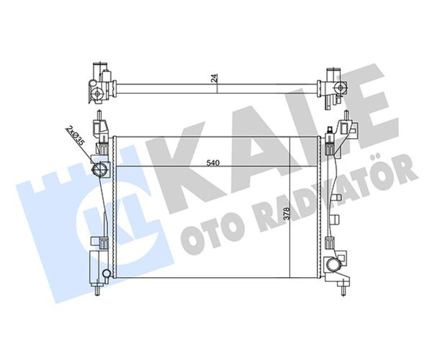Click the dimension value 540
(213, 163)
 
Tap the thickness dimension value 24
(214, 78)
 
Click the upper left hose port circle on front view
(99, 169)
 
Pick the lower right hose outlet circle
(333, 265)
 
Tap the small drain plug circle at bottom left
(106, 274)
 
